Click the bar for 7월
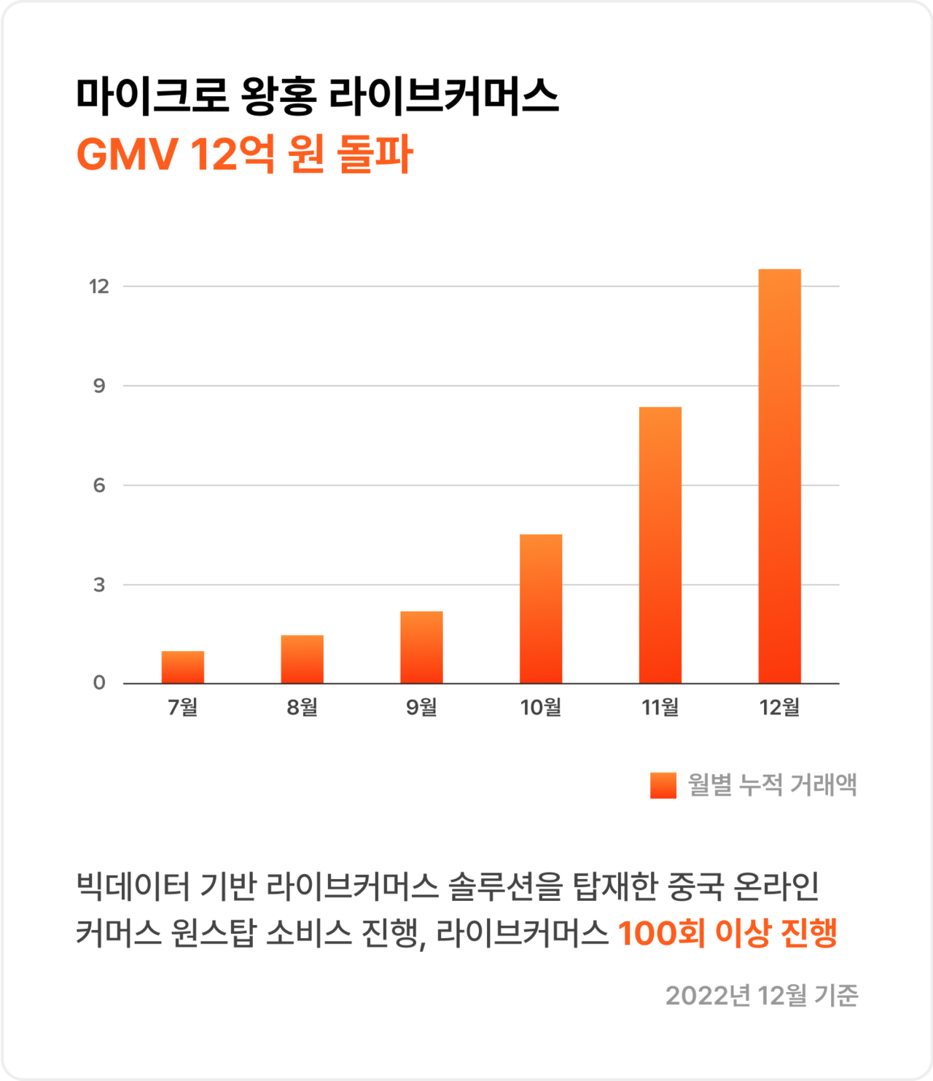point(183,667)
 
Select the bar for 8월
point(302,659)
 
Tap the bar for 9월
point(421,647)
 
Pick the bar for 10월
point(541,609)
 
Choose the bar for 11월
point(660,545)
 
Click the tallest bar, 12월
point(780,476)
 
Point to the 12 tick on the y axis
point(99,286)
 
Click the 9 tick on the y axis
point(99,386)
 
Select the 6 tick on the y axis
point(99,485)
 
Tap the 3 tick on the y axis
point(99,585)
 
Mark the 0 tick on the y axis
point(99,683)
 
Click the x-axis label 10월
point(541,707)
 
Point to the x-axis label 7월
point(183,707)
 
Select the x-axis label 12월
point(780,707)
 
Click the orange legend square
point(663,785)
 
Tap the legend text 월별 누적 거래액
point(773,785)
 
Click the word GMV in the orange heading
point(128,155)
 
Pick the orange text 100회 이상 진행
point(727,933)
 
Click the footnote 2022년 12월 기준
point(762,995)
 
